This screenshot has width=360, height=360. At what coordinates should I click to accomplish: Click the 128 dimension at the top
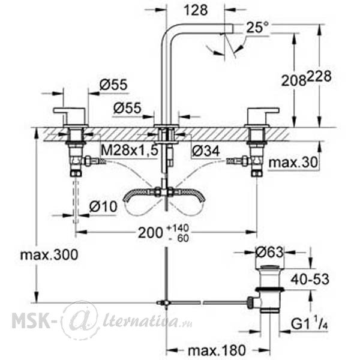click(x=196, y=10)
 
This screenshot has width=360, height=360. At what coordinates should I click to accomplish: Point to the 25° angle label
click(x=257, y=28)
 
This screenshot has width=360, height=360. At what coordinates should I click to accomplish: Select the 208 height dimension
click(x=294, y=80)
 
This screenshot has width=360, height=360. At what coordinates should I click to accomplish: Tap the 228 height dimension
click(x=319, y=76)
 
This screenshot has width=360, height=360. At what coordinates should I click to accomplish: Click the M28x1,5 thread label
click(x=130, y=151)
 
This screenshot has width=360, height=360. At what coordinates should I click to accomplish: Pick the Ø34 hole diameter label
click(x=206, y=151)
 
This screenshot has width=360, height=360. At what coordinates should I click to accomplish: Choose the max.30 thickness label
click(x=293, y=163)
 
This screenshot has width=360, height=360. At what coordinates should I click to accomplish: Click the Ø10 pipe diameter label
click(x=103, y=206)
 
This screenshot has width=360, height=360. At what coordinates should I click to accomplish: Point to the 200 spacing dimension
click(x=151, y=233)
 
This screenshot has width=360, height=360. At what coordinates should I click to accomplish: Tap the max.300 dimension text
click(x=49, y=255)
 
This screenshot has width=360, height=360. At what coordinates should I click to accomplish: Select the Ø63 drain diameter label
click(x=269, y=253)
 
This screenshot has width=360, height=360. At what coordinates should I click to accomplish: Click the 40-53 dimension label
click(x=310, y=280)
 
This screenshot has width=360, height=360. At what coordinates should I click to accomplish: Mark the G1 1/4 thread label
click(x=309, y=324)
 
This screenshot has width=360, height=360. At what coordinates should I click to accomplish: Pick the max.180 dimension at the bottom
click(x=217, y=350)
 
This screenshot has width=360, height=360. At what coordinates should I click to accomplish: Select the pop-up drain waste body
click(x=270, y=290)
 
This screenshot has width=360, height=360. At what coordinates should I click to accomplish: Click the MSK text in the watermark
click(x=31, y=321)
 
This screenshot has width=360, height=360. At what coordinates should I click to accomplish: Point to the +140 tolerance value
click(x=178, y=228)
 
